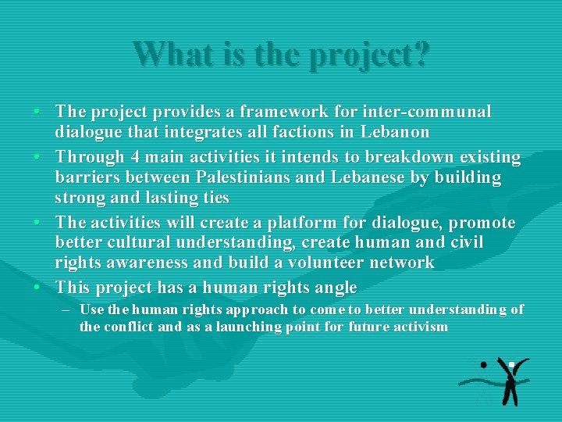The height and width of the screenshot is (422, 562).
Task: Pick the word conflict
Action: pos(130,327)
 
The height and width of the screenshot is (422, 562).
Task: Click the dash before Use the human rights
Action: pos(64,309)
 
